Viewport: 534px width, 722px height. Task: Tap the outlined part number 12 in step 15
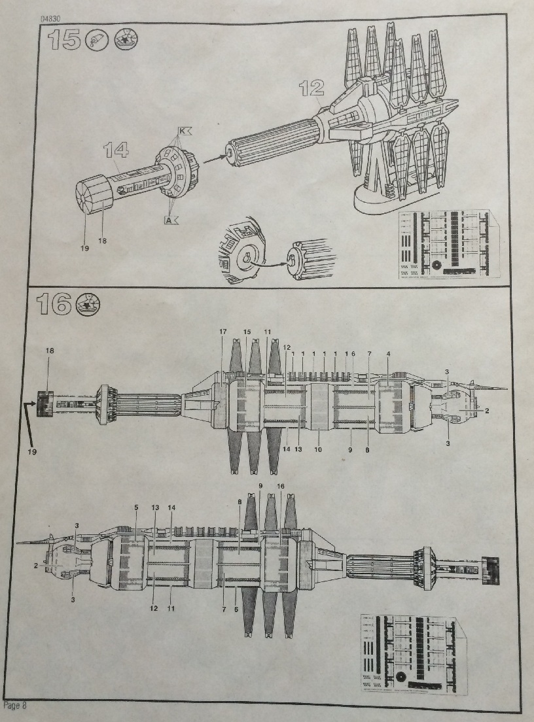(x=312, y=88)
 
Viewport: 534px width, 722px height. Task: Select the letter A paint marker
(x=171, y=220)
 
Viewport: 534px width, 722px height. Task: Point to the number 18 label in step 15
(x=102, y=241)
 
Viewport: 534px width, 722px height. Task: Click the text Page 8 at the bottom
(x=16, y=706)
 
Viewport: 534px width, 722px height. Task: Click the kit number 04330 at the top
(x=52, y=19)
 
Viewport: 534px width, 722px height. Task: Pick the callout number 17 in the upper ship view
(x=222, y=332)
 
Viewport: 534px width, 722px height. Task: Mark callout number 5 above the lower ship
(x=135, y=507)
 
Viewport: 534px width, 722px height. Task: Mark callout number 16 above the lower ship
(x=281, y=487)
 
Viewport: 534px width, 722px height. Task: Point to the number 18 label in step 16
(x=50, y=351)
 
